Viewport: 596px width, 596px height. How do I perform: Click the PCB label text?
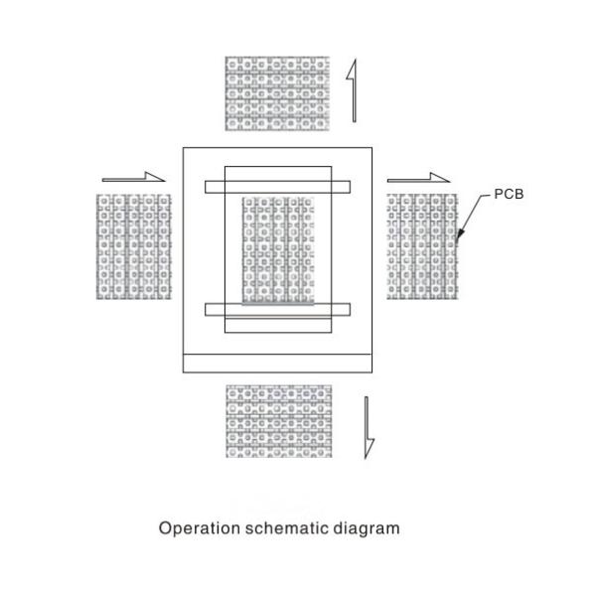(x=509, y=194)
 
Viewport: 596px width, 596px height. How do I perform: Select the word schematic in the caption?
(x=285, y=527)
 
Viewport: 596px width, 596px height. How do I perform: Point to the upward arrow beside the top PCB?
(x=351, y=91)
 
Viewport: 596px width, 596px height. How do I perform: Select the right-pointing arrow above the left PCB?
(x=134, y=178)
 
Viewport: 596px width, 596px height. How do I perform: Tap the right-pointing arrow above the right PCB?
(x=418, y=178)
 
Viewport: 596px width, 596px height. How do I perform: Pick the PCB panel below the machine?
(x=278, y=421)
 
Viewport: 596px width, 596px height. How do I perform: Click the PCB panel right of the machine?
(x=422, y=245)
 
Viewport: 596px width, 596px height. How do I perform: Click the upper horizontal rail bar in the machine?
(x=278, y=186)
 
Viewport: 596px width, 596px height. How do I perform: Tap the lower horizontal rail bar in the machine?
(x=278, y=310)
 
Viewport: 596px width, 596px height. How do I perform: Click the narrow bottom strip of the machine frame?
(x=278, y=362)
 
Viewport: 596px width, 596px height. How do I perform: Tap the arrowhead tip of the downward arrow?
(x=368, y=457)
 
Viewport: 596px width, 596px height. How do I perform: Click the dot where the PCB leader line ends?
(x=458, y=238)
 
